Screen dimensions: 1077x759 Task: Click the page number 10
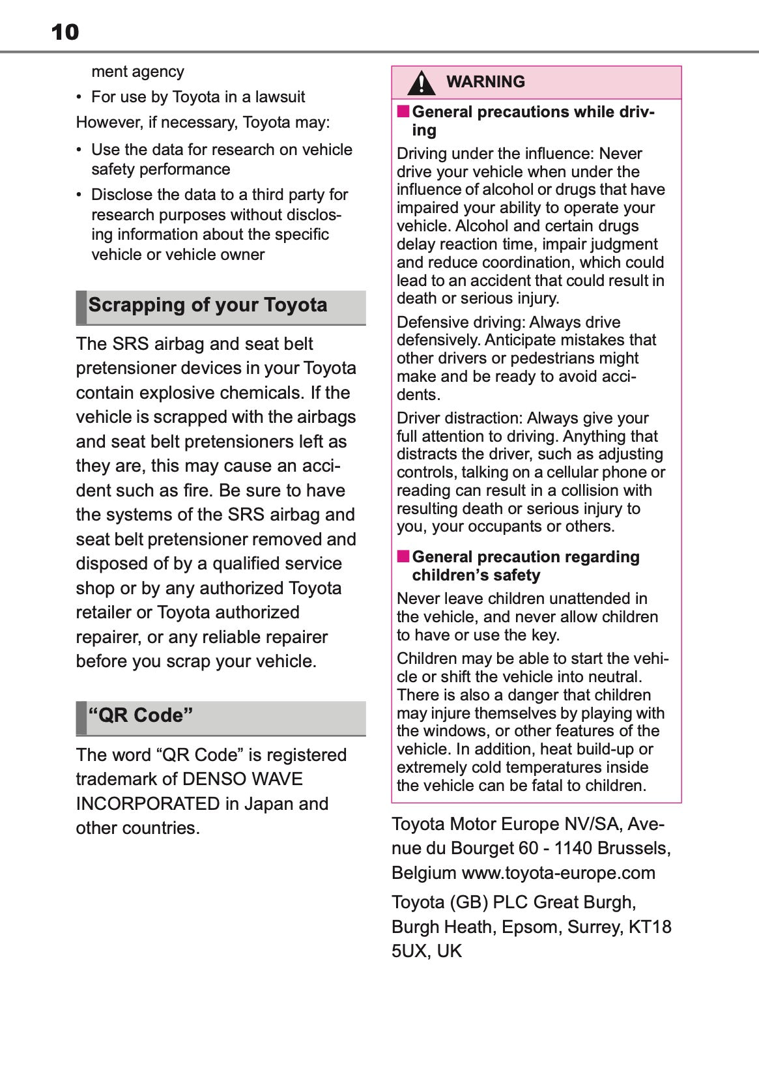[65, 32]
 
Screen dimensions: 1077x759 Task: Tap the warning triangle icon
[422, 83]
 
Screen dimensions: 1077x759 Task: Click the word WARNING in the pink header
[485, 81]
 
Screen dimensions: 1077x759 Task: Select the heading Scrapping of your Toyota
[208, 305]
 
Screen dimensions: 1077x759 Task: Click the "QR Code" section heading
[141, 715]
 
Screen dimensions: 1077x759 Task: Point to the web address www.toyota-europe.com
[558, 873]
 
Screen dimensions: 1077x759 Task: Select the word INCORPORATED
[148, 804]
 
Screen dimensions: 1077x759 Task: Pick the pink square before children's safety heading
[403, 556]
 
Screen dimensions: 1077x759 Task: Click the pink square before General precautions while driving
[403, 111]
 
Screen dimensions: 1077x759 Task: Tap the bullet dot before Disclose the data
[79, 195]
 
